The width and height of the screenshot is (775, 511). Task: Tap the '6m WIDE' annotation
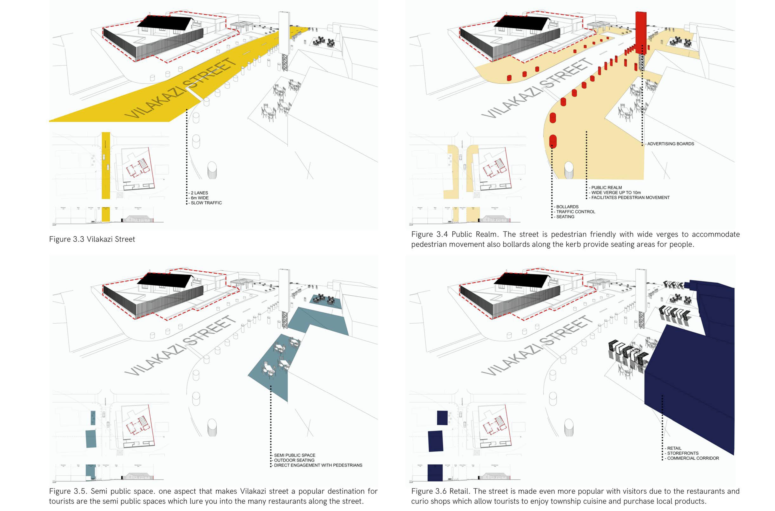tap(200, 198)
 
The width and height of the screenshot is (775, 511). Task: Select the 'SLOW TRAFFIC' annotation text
tap(206, 203)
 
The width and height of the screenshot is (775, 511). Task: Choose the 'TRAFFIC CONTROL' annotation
tap(576, 211)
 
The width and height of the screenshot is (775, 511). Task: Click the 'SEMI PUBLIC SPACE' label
tap(295, 455)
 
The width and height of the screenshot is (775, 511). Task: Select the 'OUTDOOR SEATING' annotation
tap(294, 460)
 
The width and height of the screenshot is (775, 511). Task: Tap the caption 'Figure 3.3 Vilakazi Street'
tap(92, 239)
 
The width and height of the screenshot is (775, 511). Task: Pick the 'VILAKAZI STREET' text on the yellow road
tap(179, 90)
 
